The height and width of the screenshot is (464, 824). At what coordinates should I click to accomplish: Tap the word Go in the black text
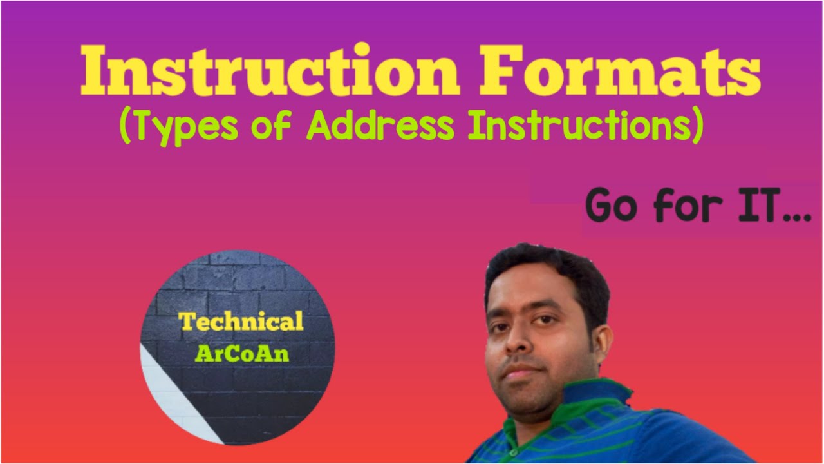point(612,206)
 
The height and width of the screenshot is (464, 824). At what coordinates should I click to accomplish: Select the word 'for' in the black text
point(683,206)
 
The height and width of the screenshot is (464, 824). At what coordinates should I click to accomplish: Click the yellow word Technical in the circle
point(241,322)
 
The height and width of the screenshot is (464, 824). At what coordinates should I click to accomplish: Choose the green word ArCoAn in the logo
point(241,354)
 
